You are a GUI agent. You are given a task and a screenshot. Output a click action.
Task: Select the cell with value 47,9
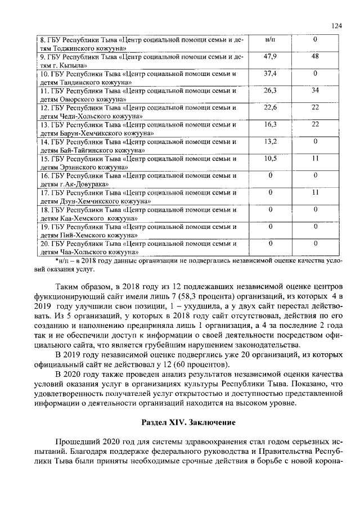[270, 57]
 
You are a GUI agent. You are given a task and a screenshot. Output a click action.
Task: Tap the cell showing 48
[316, 57]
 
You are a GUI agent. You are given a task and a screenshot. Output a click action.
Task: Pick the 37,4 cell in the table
[270, 74]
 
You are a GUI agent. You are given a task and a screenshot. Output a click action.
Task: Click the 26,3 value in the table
[270, 91]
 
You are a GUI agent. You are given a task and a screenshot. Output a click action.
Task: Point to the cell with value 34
[316, 91]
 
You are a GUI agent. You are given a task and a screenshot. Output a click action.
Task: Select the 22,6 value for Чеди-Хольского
[270, 107]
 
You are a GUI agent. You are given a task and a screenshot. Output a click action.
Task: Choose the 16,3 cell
[270, 124]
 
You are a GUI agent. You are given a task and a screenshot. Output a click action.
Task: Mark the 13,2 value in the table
[270, 141]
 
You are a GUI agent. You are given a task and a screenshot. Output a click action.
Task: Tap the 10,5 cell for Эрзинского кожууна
[270, 159]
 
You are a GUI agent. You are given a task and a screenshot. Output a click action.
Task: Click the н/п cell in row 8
[270, 40]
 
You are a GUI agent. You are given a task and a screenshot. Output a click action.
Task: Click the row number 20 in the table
[44, 244]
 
